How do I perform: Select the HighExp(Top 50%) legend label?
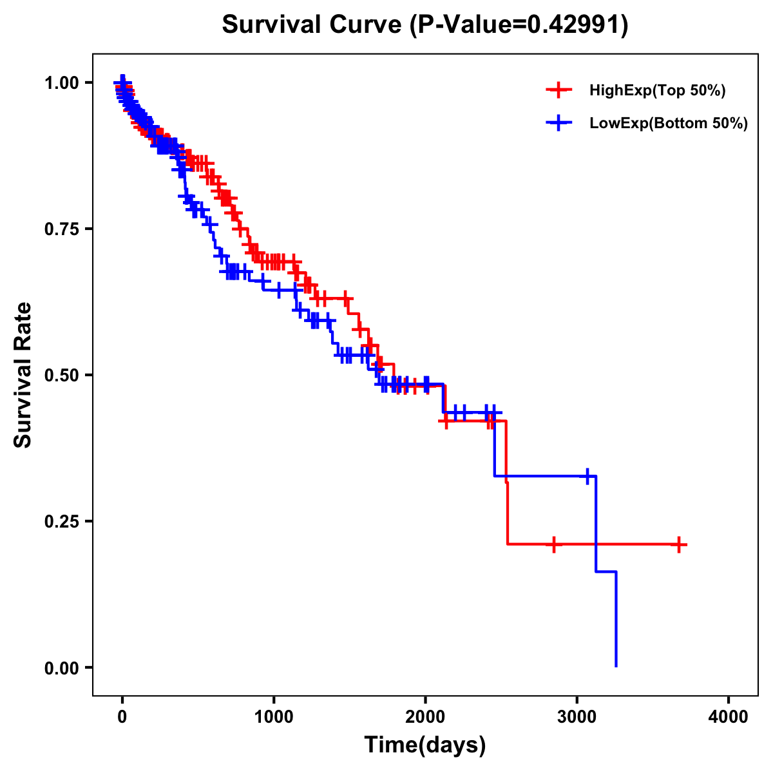pyautogui.click(x=657, y=91)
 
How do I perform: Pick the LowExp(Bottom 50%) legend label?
pyautogui.click(x=669, y=124)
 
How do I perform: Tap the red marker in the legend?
pyautogui.click(x=558, y=91)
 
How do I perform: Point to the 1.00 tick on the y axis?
pyautogui.click(x=61, y=82)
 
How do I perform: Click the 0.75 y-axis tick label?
pyautogui.click(x=61, y=229)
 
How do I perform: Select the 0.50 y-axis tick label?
pyautogui.click(x=61, y=375)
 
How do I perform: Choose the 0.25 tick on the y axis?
pyautogui.click(x=61, y=521)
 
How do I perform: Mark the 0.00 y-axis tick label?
pyautogui.click(x=61, y=667)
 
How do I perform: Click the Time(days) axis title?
pyautogui.click(x=425, y=745)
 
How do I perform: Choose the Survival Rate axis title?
pyautogui.click(x=23, y=374)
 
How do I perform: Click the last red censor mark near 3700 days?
pyautogui.click(x=679, y=544)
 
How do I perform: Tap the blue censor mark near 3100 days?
pyautogui.click(x=587, y=476)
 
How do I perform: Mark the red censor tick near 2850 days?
pyautogui.click(x=553, y=544)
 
